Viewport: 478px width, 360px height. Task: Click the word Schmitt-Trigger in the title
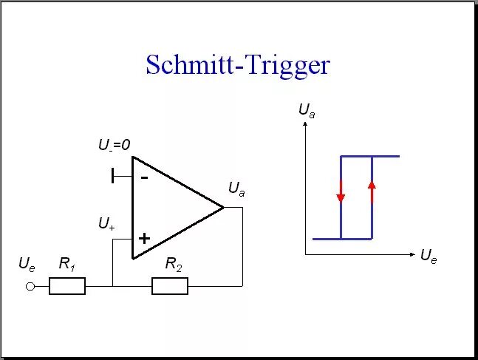pos(237,65)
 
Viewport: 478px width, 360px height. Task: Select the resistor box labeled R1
pos(67,286)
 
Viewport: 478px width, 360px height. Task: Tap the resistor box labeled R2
pos(170,286)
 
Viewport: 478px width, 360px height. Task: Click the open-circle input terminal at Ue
pos(30,286)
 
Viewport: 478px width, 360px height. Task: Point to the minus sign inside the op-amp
pos(144,177)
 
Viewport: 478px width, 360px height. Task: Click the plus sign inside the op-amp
pos(144,238)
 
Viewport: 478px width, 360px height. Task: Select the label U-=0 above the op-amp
pos(114,146)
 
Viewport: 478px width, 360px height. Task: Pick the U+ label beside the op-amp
pos(106,223)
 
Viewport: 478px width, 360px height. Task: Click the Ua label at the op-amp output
pos(236,190)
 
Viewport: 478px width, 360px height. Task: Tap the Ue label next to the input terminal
pos(27,264)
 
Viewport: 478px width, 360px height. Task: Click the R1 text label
pos(67,264)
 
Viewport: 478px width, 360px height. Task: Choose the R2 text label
pos(174,264)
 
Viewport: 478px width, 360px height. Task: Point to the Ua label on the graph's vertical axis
pos(307,110)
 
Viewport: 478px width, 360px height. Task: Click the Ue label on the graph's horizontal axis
pos(429,256)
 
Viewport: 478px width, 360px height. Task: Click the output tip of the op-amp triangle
pos(222,208)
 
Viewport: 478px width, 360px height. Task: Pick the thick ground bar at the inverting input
pos(113,176)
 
